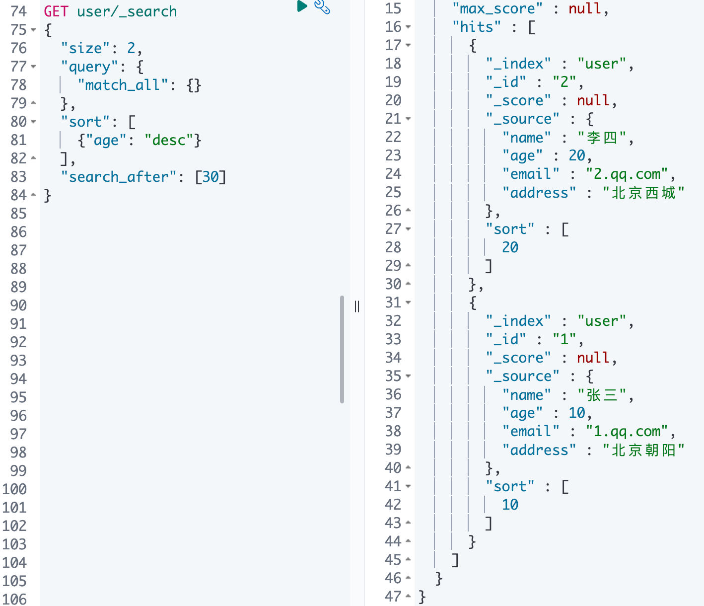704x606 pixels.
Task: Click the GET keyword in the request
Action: (56, 11)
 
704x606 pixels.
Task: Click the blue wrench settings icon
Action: (322, 6)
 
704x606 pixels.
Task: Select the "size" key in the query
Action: (85, 48)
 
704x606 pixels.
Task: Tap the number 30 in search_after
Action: (211, 177)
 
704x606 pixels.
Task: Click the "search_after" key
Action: (119, 177)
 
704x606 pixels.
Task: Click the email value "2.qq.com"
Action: (627, 174)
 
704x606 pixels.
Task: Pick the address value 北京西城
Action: (643, 193)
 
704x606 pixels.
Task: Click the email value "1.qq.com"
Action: (627, 432)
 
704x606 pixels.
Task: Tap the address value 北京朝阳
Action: (643, 450)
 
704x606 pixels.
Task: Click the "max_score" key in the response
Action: (497, 9)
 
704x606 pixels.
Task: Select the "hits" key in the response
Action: (477, 27)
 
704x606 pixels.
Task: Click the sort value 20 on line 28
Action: (510, 247)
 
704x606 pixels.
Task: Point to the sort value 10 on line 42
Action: (510, 505)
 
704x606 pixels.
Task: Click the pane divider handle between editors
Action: (356, 306)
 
